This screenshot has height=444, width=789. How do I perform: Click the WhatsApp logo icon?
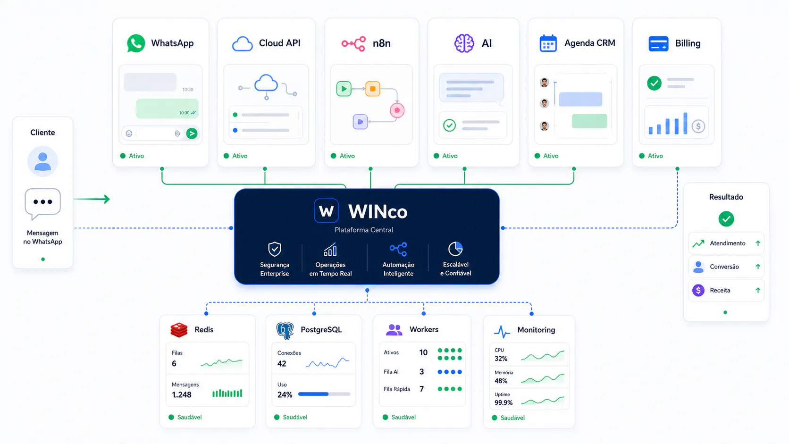(136, 43)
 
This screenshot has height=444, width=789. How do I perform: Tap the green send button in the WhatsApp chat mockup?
(192, 134)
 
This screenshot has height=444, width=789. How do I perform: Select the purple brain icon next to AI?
(464, 43)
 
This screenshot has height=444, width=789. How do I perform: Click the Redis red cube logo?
(179, 330)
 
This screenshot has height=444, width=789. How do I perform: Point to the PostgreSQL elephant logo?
(285, 331)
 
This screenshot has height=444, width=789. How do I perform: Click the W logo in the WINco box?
(326, 211)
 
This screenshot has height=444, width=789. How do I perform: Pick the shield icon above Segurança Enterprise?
(274, 249)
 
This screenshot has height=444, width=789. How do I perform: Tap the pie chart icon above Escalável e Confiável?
(455, 249)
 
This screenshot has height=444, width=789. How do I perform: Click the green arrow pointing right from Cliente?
(92, 199)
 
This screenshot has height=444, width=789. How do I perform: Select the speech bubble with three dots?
(42, 203)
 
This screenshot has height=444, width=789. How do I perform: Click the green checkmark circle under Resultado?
(726, 219)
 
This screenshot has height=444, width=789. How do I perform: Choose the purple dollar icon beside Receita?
(698, 291)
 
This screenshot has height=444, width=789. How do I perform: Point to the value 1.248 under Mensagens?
(181, 395)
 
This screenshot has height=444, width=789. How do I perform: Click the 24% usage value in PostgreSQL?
(285, 395)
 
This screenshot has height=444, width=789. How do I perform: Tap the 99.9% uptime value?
(504, 402)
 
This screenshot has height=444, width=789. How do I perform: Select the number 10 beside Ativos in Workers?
(423, 352)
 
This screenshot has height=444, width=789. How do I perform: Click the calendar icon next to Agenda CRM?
(548, 43)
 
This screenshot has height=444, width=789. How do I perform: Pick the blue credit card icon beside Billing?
(658, 44)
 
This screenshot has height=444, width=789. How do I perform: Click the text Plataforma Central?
(363, 230)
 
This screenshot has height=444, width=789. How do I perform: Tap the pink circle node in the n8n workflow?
(397, 110)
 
